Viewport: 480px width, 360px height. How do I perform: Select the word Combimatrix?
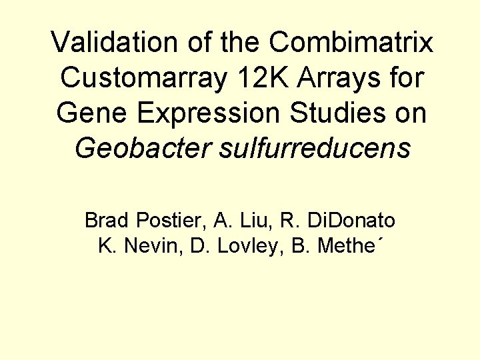click(x=351, y=43)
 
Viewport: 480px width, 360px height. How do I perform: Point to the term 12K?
click(x=257, y=78)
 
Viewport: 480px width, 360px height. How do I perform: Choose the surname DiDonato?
click(x=351, y=220)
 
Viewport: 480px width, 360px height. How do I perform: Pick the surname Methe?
click(x=344, y=246)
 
